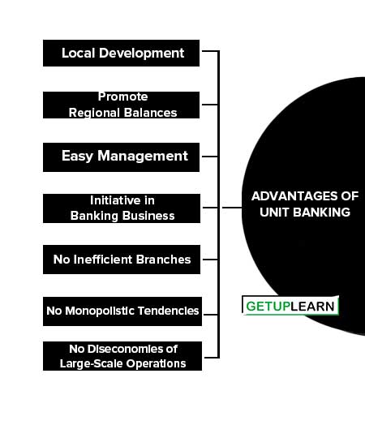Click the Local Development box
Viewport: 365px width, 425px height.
point(121,54)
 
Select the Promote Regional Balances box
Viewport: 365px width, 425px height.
point(121,105)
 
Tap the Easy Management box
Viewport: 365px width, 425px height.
point(121,157)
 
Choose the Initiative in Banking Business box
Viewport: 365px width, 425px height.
point(122,208)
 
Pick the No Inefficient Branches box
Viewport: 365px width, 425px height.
point(122,260)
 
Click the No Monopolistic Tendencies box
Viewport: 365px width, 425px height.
point(122,311)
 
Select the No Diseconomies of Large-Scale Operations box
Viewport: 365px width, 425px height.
point(122,356)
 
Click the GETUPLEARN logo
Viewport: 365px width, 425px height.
point(290,306)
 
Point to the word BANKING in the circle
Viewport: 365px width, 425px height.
point(322,212)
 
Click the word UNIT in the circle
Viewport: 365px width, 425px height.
point(274,212)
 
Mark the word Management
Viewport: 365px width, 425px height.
point(143,157)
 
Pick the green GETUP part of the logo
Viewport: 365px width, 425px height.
point(268,307)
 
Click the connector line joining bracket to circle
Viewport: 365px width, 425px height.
point(232,208)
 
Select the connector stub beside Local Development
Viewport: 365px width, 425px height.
point(210,50)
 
